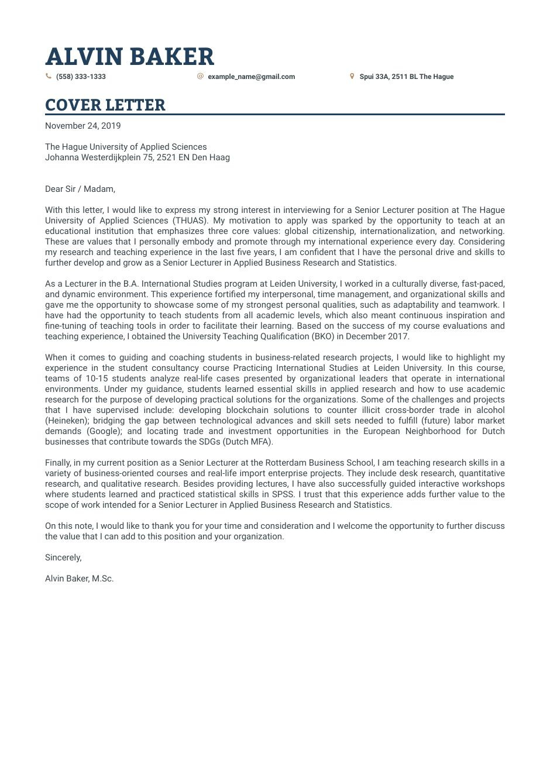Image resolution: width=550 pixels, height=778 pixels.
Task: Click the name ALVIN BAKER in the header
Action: click(129, 57)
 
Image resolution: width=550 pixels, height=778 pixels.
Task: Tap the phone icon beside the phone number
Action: click(49, 76)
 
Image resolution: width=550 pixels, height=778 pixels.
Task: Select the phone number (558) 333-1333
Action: click(81, 77)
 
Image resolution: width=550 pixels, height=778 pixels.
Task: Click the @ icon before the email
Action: click(200, 76)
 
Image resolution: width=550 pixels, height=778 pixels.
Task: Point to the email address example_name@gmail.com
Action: click(251, 77)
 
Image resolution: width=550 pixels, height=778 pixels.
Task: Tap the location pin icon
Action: click(352, 76)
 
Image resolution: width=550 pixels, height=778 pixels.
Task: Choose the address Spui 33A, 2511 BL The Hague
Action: click(406, 77)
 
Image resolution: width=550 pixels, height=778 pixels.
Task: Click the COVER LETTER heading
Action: click(105, 105)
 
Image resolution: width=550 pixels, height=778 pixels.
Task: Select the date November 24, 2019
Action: click(82, 126)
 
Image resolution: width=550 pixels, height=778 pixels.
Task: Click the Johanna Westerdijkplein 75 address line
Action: click(137, 157)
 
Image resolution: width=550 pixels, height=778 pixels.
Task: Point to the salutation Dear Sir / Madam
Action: click(80, 189)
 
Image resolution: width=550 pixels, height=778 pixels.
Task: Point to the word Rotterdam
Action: click(285, 463)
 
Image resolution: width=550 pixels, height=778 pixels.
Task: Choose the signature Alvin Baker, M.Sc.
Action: click(79, 579)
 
